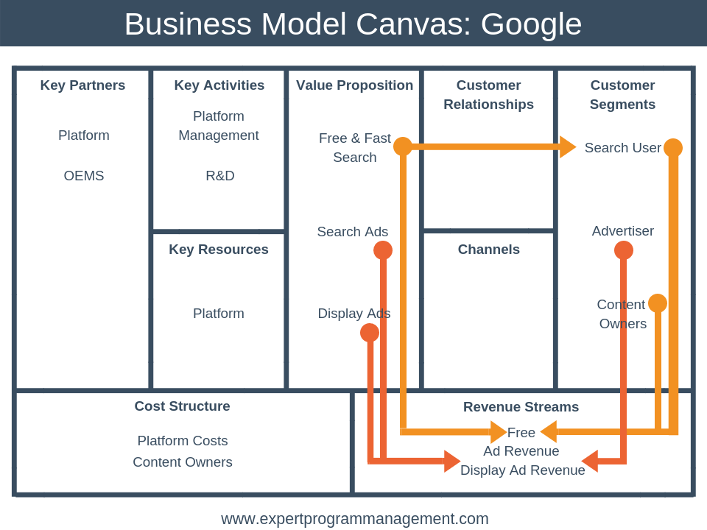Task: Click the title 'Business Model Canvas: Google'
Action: click(353, 24)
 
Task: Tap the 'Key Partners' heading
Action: click(82, 85)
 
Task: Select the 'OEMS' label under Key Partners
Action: click(84, 176)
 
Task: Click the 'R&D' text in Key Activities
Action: click(219, 176)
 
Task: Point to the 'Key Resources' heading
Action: click(219, 250)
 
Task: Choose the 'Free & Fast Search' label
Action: click(354, 147)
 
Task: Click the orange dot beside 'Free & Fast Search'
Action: click(403, 146)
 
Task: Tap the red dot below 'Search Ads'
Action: click(383, 250)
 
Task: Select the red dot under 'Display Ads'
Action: click(370, 333)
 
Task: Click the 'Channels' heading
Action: click(488, 250)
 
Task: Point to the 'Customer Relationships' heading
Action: click(488, 95)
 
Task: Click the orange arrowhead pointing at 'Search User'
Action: click(567, 147)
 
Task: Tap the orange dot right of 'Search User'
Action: click(673, 148)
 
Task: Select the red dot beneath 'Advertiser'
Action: click(624, 250)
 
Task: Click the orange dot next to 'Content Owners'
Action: click(658, 303)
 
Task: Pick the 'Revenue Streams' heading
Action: click(521, 407)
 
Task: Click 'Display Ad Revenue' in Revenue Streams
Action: click(522, 470)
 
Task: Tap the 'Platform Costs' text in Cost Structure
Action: click(182, 441)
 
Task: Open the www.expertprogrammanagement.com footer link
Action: click(354, 519)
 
